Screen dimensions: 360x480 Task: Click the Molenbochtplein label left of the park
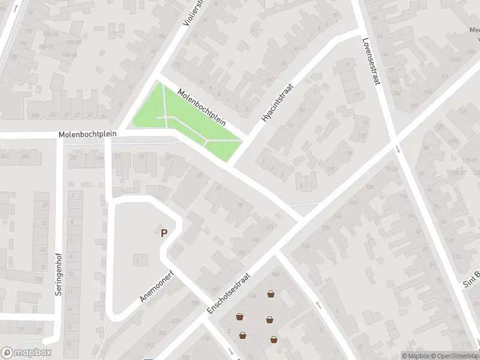88,134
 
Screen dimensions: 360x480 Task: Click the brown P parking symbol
163,233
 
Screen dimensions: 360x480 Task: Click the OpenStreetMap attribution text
455,356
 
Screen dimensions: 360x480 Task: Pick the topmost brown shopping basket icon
271,294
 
